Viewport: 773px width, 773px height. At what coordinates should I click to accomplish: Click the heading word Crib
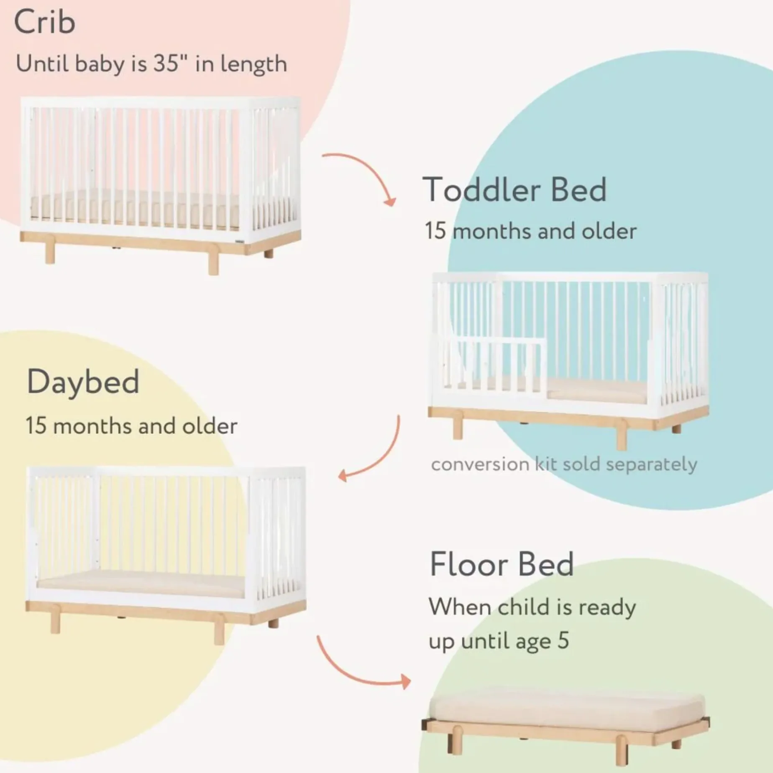click(45, 22)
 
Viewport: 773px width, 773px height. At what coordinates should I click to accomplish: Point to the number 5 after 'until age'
click(563, 640)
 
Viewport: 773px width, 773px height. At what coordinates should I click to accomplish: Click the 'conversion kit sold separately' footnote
click(564, 464)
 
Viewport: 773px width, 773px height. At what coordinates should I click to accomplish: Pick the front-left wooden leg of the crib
click(50, 253)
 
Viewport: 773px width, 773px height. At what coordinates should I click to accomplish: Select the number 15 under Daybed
click(36, 426)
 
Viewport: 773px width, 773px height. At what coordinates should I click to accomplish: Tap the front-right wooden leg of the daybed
click(219, 634)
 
